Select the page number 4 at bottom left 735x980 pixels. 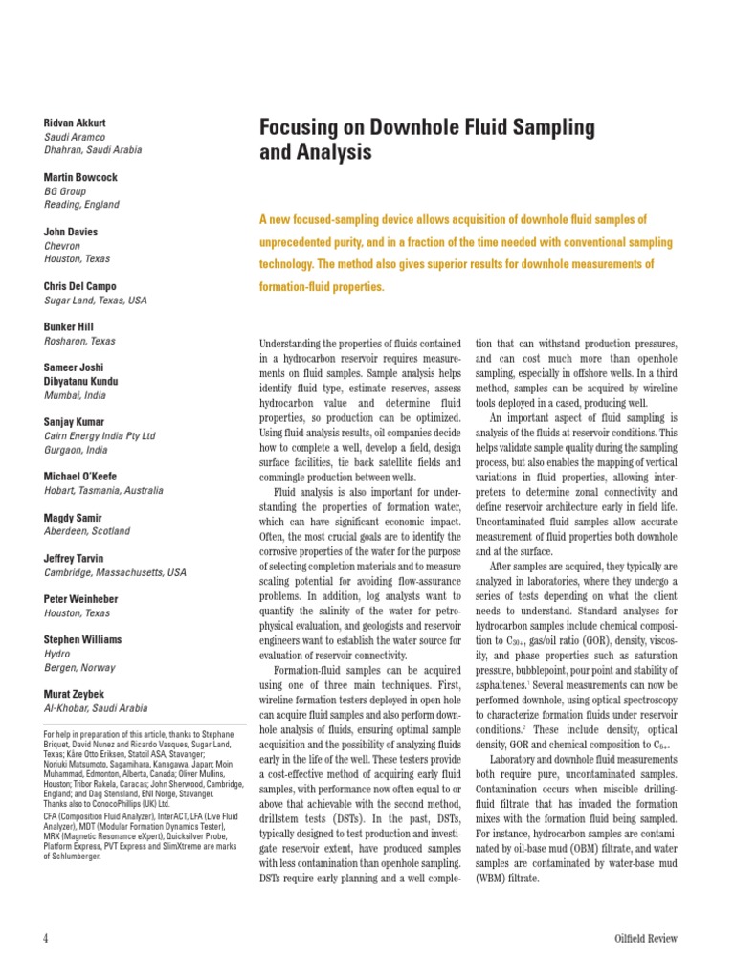coord(45,938)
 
